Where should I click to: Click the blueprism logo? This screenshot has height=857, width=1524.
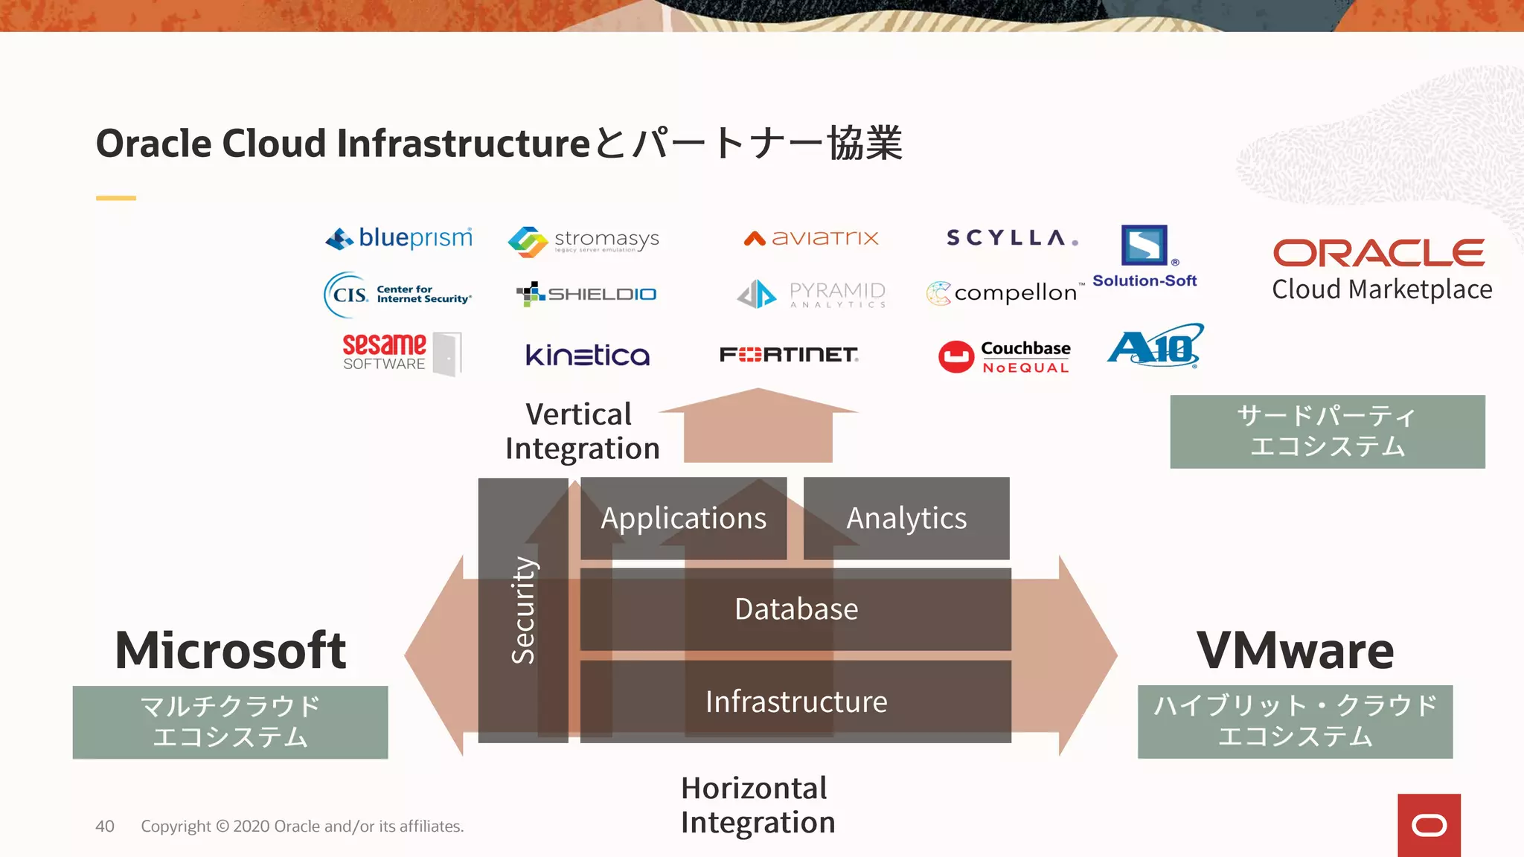[x=400, y=238]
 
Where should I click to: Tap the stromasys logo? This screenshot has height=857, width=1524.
[x=583, y=241]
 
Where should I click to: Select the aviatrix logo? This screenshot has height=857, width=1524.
[x=811, y=238]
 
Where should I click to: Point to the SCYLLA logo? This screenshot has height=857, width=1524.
[x=1011, y=238]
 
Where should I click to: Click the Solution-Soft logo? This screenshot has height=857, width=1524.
[x=1144, y=256]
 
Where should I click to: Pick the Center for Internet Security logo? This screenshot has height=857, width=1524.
[x=397, y=295]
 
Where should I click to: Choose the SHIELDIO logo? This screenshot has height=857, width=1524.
[x=586, y=295]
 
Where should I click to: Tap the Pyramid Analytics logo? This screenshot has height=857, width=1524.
[x=811, y=295]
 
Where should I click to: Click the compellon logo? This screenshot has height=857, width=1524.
[x=1003, y=293]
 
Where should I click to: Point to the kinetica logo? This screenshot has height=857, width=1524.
[x=587, y=355]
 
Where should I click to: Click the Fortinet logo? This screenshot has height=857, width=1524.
[x=789, y=355]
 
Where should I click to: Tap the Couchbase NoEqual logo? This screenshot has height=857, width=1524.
[x=1004, y=356]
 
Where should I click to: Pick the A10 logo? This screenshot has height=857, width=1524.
[x=1155, y=346]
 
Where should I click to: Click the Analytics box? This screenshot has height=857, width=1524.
[x=906, y=519]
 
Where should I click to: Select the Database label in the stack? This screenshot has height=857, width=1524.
[x=795, y=609]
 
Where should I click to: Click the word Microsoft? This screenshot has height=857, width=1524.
[x=230, y=650]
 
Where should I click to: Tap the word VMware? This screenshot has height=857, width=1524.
[x=1295, y=650]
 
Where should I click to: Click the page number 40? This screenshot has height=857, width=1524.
[x=105, y=826]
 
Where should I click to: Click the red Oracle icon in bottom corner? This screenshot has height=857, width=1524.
[x=1429, y=825]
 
